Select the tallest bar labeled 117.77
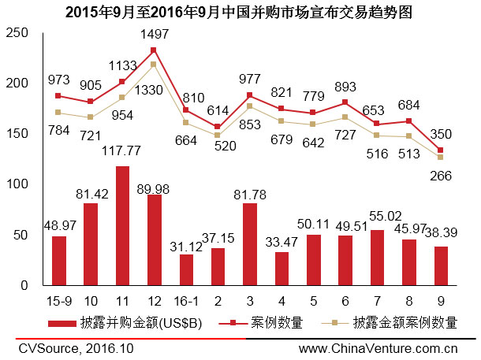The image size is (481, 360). tap(122, 225)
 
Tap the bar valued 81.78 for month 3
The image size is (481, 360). tap(249, 244)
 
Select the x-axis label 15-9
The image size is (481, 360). tap(58, 300)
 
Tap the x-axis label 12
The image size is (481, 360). tap(154, 300)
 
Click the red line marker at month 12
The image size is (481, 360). tap(154, 50)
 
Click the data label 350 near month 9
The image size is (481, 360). tap(442, 135)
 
